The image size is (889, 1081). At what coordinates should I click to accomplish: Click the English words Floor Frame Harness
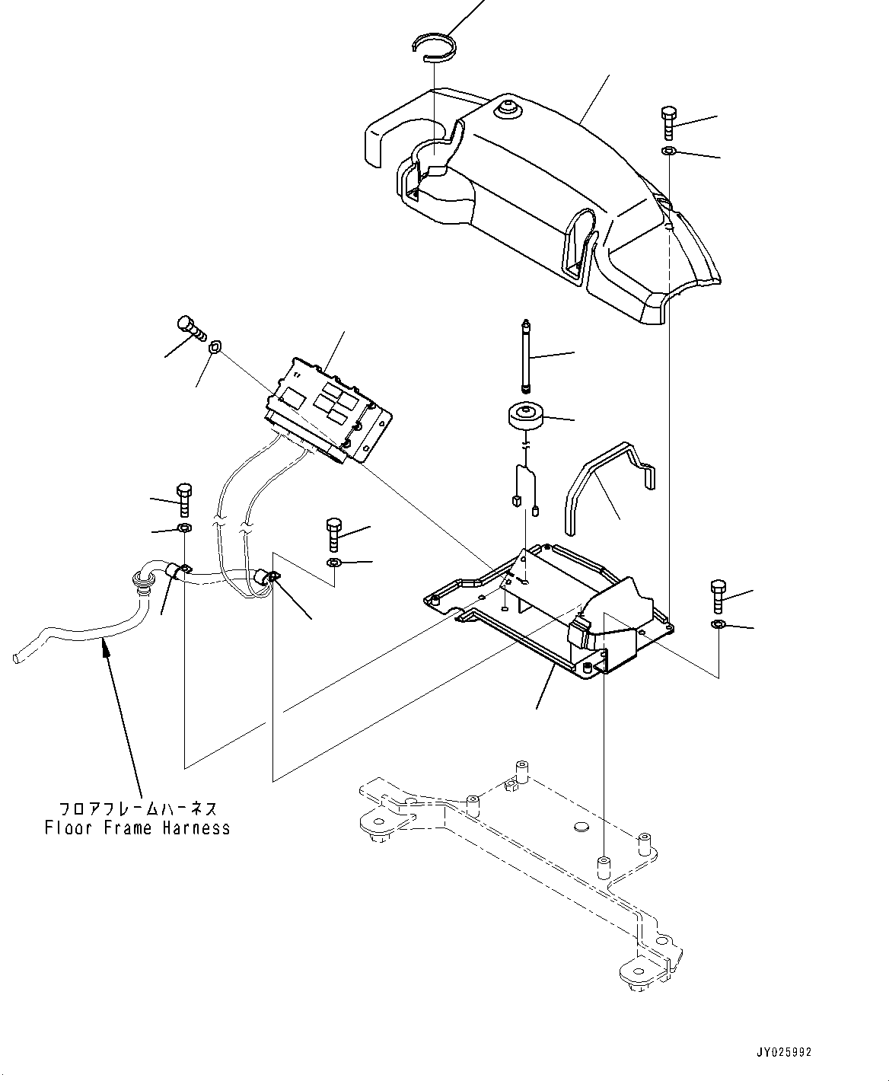137,827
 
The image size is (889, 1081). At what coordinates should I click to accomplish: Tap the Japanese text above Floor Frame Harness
138,808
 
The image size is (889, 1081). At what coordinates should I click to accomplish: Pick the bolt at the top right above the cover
668,122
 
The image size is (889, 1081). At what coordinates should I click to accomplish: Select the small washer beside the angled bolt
215,348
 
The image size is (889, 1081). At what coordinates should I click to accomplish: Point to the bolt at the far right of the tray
718,596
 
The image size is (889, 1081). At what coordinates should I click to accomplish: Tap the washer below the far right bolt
718,625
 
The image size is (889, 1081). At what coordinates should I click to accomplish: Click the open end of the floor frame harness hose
18,654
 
